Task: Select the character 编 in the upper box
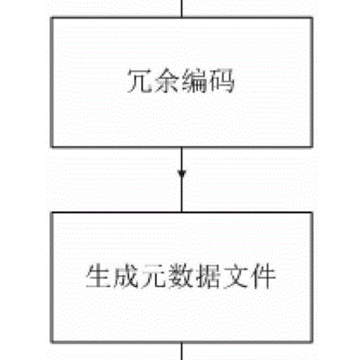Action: pos(194,81)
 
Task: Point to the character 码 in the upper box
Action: pos(221,81)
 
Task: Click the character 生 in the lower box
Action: pos(98,276)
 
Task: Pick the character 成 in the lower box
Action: pos(125,276)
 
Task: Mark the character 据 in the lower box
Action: pos(208,276)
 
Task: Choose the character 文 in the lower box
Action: pos(236,276)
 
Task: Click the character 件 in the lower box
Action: pos(263,276)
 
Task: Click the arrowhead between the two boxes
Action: pos(182,174)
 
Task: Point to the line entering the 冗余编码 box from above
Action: pos(182,9)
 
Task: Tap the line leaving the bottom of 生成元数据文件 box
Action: pos(182,351)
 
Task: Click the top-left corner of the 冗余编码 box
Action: pos(52,18)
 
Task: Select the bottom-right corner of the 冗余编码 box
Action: pos(313,146)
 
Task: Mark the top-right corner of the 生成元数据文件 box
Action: pos(313,213)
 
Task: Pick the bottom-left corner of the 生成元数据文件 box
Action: pos(52,342)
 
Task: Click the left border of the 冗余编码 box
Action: pos(52,82)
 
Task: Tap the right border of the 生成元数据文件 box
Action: pos(313,278)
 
